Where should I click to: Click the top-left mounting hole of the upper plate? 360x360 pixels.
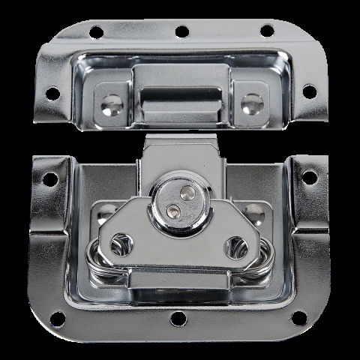click(96, 32)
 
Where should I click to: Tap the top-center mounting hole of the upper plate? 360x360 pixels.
click(181, 31)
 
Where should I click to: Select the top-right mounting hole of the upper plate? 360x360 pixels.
click(267, 31)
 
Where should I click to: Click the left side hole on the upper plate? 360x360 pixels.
click(52, 94)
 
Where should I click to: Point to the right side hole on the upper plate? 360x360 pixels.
click(308, 91)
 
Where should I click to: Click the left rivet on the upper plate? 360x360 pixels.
click(112, 105)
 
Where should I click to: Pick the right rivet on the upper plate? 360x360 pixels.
click(251, 103)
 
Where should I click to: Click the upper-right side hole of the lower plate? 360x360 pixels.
click(309, 177)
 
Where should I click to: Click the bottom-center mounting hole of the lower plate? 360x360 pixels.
click(178, 319)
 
